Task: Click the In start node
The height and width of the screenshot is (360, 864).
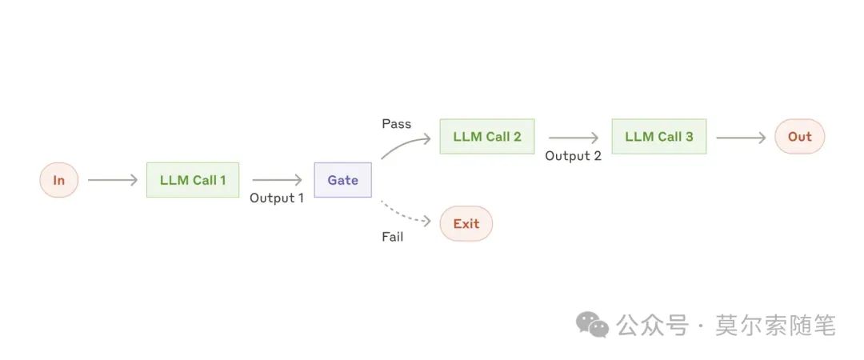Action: coord(59,180)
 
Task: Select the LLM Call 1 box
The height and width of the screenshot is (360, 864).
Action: coord(193,180)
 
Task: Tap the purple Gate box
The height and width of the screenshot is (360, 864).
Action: coord(342,180)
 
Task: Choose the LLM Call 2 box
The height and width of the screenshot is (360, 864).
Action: coord(487,137)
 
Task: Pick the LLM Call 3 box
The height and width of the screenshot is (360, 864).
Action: coord(659,137)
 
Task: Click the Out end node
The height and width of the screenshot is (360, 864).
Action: coord(799,137)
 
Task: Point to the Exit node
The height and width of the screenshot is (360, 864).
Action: coord(466,224)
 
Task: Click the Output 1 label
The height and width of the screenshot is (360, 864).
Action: coord(277,198)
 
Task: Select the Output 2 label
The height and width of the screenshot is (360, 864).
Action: coord(573,156)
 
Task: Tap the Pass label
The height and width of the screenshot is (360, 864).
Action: coord(396,124)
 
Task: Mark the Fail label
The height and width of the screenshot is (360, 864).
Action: coord(392,237)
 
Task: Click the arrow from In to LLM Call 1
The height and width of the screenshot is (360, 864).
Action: coord(113,180)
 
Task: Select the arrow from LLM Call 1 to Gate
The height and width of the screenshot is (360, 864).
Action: coord(277,180)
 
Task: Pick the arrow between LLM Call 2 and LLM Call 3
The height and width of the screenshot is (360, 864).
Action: coord(573,138)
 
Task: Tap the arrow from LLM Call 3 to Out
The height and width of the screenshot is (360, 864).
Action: coord(741,138)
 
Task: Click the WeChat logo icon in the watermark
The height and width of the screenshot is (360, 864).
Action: coord(593,326)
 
